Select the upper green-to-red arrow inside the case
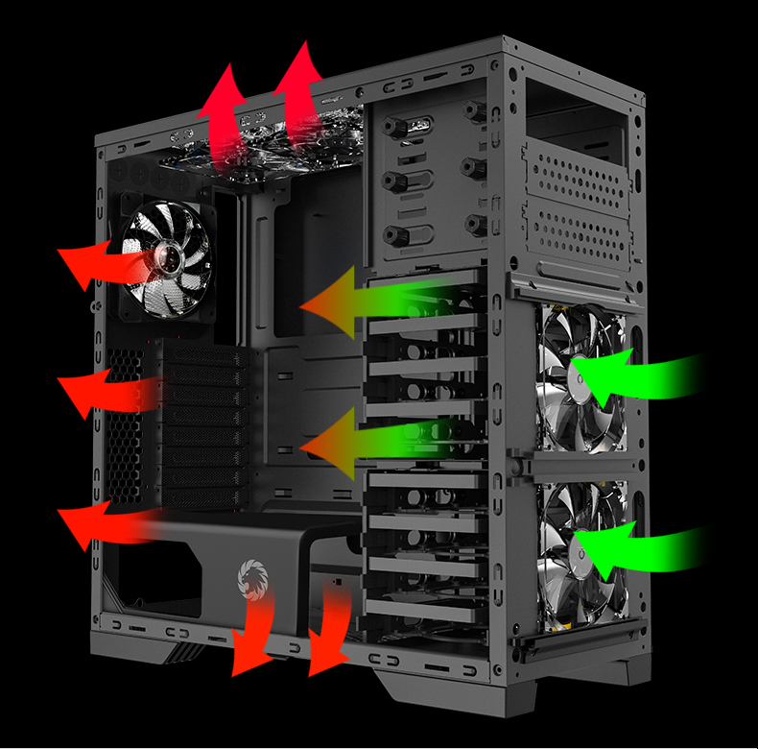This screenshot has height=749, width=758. click(369, 302)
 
